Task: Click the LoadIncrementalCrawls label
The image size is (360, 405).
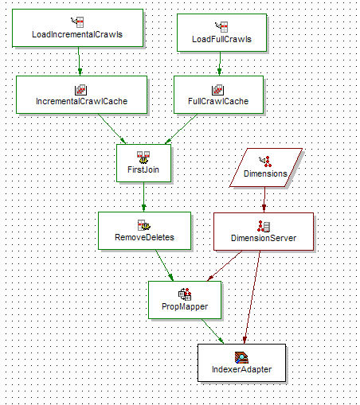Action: coord(77,34)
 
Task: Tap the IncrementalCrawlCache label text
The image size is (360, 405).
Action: coord(81,102)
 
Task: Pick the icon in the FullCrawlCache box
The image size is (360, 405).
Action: coord(217,90)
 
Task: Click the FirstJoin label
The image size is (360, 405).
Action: coord(144,169)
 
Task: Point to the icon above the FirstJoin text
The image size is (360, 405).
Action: coord(144,156)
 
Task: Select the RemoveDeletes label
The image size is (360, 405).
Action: coord(144,236)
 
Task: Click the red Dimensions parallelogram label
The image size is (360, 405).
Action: coord(265,173)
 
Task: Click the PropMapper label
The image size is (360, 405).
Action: coord(185,306)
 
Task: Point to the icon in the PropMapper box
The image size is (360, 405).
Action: coord(185,294)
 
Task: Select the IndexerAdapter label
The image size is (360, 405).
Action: coord(241,369)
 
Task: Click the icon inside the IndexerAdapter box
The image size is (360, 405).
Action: coord(241,356)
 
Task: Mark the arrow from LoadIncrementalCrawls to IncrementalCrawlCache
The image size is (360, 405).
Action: coord(79,60)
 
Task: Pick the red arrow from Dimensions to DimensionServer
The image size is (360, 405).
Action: coord(264,199)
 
